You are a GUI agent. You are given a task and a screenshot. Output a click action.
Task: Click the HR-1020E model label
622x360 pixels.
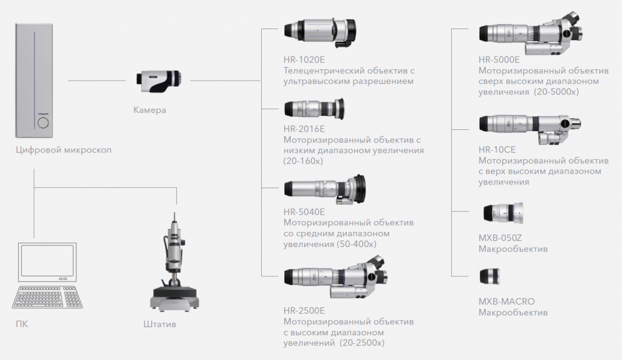pyautogui.click(x=304, y=60)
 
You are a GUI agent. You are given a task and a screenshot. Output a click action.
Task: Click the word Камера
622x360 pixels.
pyautogui.click(x=149, y=110)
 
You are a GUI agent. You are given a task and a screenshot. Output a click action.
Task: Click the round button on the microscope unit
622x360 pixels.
pyautogui.click(x=43, y=124)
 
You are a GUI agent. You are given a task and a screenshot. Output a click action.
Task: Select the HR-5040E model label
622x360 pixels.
pyautogui.click(x=304, y=212)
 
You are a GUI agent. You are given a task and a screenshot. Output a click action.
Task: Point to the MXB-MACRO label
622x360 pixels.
pyautogui.click(x=507, y=302)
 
